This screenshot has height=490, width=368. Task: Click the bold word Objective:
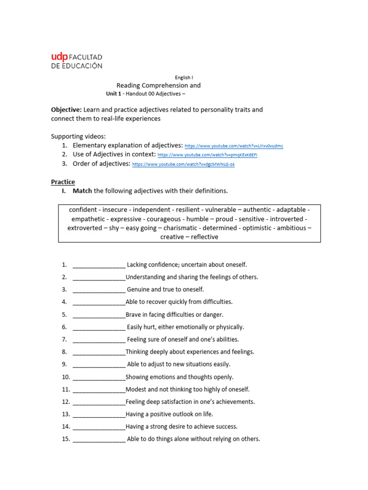click(67, 110)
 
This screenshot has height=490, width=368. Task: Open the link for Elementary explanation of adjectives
click(234, 145)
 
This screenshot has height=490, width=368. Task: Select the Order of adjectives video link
click(183, 164)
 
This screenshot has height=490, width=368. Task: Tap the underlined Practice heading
click(63, 182)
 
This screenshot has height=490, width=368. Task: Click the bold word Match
click(82, 191)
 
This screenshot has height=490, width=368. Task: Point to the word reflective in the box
click(205, 237)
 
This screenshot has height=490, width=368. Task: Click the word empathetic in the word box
click(89, 219)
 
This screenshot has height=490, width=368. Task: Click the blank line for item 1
click(99, 265)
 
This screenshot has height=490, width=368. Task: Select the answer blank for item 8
click(99, 352)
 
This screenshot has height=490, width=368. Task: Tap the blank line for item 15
click(99, 439)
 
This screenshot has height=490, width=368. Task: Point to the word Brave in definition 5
click(134, 315)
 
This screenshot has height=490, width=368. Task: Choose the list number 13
click(66, 414)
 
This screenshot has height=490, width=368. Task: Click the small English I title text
click(184, 77)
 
